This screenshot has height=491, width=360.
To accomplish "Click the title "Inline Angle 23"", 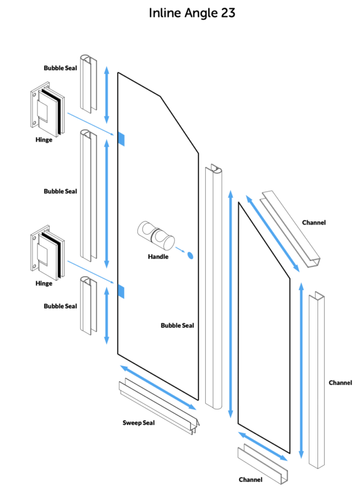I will point(191,13).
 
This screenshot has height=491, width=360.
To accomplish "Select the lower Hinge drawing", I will point(46,252).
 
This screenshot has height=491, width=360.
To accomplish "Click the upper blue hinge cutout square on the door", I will point(121,139).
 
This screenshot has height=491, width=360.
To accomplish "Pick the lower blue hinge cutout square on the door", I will point(121,292).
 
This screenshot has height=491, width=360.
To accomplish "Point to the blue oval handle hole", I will point(190,255).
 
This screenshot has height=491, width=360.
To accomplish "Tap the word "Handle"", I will point(158,257).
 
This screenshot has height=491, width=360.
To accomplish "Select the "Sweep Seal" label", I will point(139,423).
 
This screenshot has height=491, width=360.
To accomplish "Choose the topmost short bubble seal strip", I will point(89,85).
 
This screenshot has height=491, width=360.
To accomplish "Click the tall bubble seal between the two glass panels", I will point(214,288).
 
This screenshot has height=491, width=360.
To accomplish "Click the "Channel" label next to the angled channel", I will point(314,223).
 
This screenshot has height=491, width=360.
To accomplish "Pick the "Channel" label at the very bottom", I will point(250,480).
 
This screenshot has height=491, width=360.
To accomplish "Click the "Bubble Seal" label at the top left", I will point(60,68).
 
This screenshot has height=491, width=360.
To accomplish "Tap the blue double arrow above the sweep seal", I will point(159,386).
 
